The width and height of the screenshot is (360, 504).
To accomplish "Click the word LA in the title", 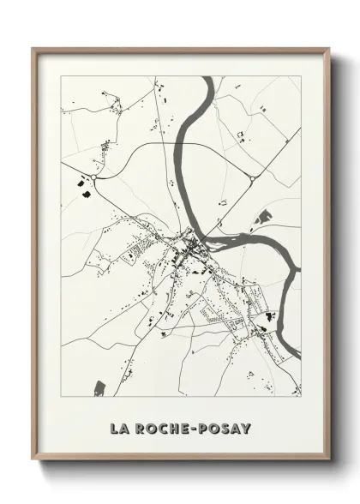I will pyautogui.click(x=119, y=428).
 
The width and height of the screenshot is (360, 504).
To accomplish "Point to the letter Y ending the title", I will pyautogui.click(x=245, y=428).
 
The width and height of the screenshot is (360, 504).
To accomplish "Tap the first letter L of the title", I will pyautogui.click(x=114, y=428).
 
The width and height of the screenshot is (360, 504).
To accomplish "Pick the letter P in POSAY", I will pyautogui.click(x=207, y=428).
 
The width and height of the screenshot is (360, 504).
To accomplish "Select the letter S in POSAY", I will pyautogui.click(x=225, y=428).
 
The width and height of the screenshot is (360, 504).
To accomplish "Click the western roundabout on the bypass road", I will pyautogui.click(x=93, y=178).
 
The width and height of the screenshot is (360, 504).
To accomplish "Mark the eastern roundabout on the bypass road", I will pyautogui.click(x=253, y=178).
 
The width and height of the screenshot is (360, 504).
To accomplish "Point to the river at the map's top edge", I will pyautogui.click(x=207, y=80).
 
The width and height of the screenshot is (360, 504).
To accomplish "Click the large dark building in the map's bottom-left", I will pyautogui.click(x=99, y=387).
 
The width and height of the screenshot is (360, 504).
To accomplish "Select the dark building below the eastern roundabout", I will pyautogui.click(x=264, y=215).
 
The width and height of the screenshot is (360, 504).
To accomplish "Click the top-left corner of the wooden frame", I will pyautogui.click(x=33, y=49).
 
